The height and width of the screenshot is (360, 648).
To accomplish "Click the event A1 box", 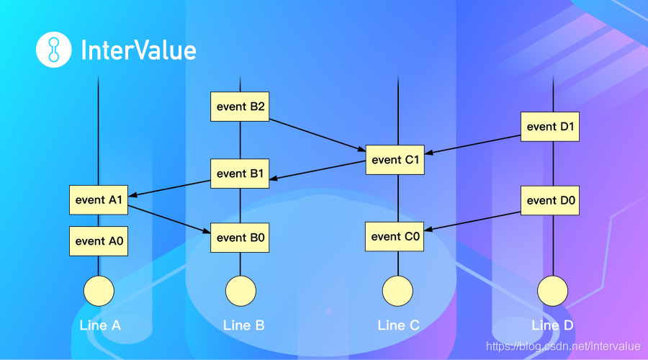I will click(99, 199).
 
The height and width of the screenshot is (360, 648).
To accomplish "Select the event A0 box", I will click(99, 240).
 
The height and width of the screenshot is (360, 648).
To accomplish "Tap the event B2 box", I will click(240, 107).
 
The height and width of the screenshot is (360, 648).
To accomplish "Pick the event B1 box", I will click(240, 174).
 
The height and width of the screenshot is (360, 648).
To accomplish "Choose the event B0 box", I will click(240, 237).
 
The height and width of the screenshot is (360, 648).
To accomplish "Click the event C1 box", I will click(395, 160).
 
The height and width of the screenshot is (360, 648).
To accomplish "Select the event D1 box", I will click(552, 127).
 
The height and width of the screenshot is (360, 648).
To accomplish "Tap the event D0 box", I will click(552, 199).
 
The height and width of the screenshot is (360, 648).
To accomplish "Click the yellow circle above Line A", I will click(99, 291).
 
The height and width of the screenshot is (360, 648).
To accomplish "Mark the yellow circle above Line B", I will click(240, 291).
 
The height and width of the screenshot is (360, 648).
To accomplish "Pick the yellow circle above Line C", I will click(397, 291).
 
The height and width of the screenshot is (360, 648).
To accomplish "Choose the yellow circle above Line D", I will click(552, 291).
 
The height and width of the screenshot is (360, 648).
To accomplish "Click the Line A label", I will click(100, 325).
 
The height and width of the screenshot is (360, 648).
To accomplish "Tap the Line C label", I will click(398, 325).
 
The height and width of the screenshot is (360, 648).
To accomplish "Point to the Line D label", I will click(553, 325).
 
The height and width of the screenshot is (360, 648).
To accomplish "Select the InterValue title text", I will click(138, 50).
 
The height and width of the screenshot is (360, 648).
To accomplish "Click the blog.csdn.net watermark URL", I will click(563, 346).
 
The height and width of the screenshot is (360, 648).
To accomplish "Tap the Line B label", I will click(244, 325).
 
